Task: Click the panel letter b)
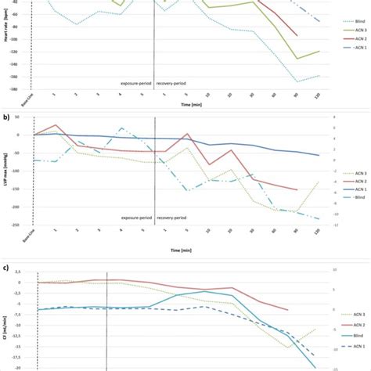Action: click(7, 117)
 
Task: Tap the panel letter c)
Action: click(7, 268)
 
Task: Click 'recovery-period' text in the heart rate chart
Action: click(175, 81)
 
